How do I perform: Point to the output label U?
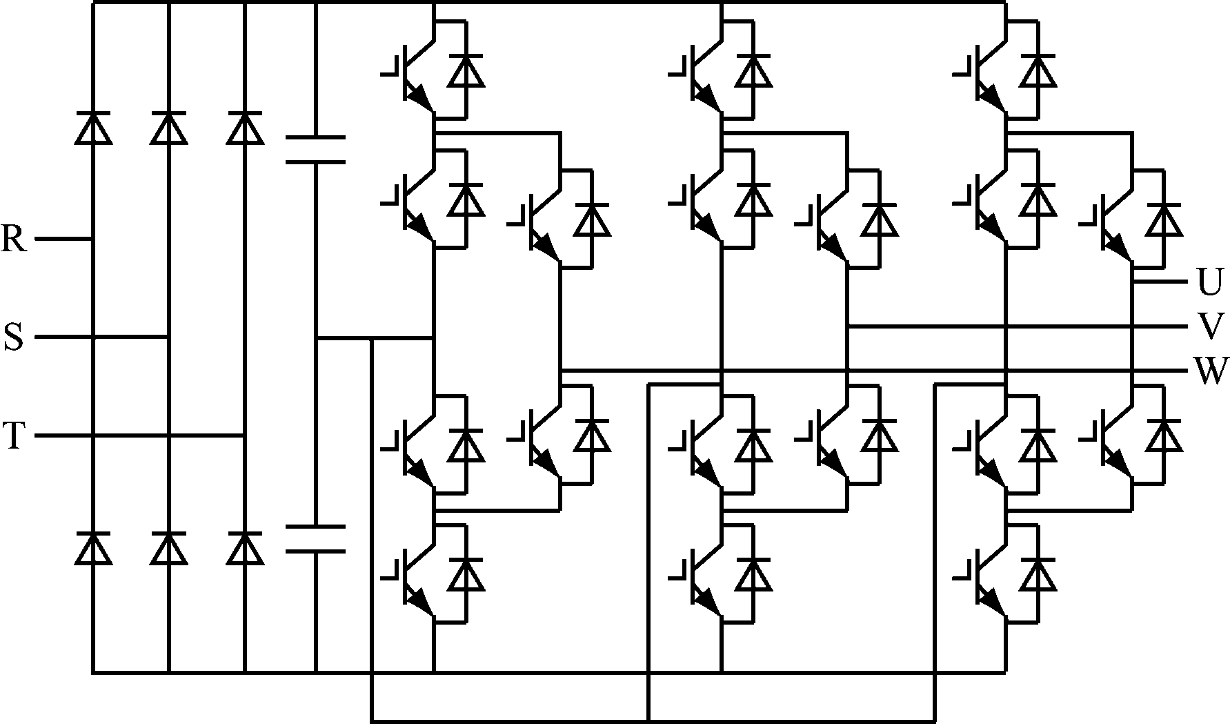(1209, 282)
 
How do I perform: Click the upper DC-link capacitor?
(315, 150)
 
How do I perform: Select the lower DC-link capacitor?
(315, 539)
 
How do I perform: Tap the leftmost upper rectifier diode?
(93, 128)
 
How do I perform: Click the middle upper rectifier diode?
(169, 128)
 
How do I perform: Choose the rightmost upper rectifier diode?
(245, 128)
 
